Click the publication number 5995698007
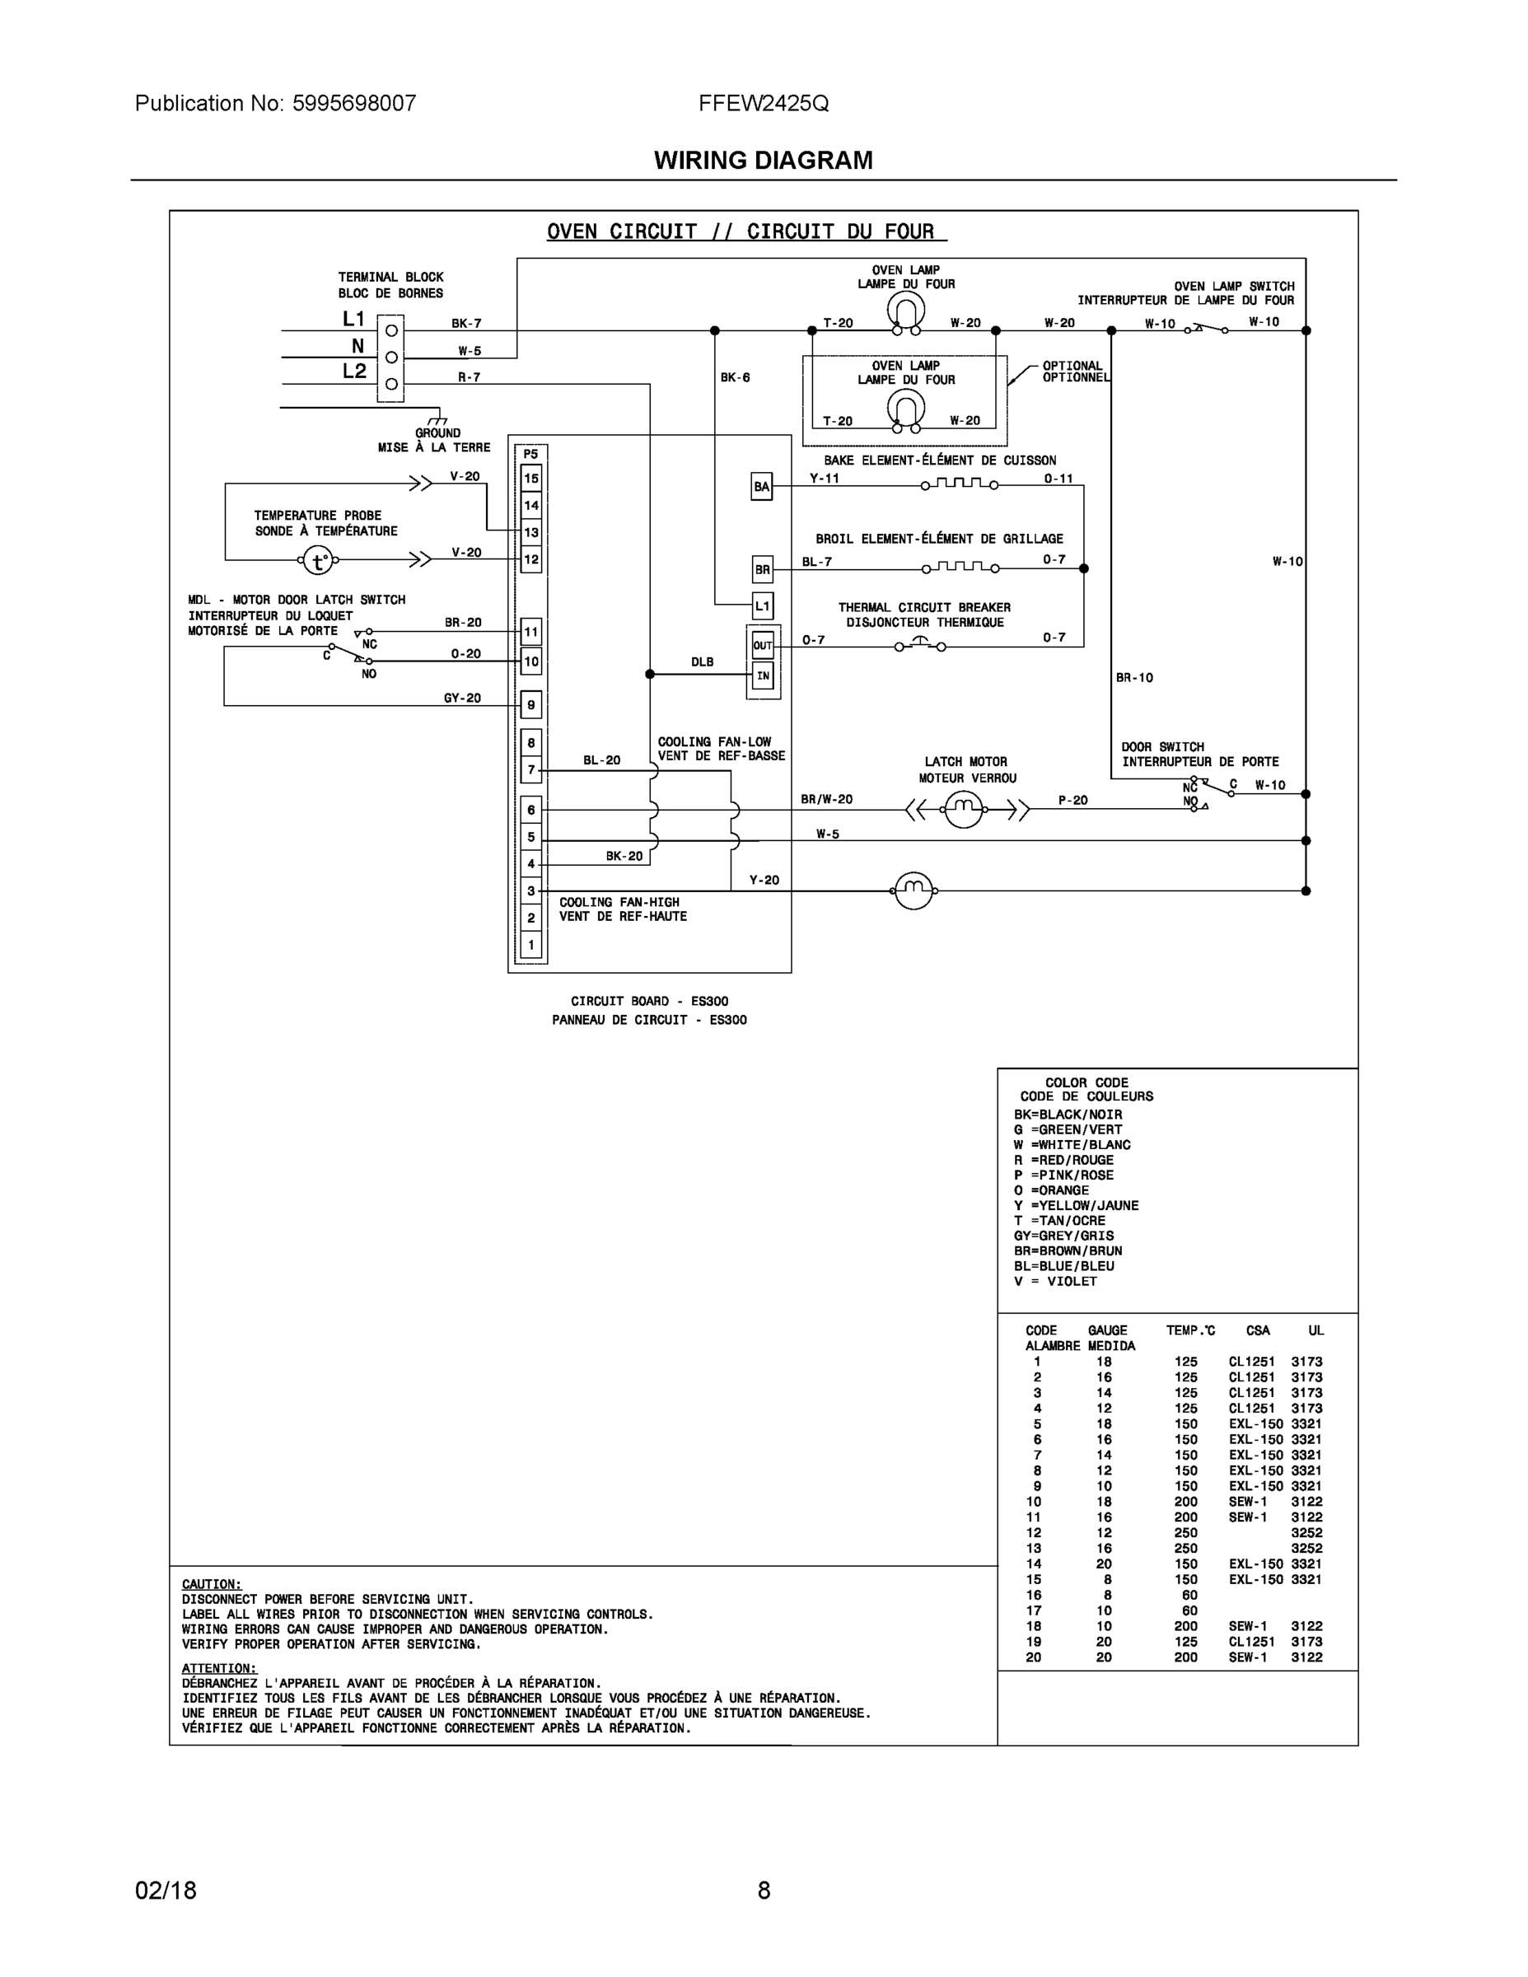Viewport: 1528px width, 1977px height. [x=354, y=103]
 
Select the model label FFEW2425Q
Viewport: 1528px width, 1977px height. [x=763, y=103]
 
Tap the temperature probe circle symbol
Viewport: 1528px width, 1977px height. [x=318, y=561]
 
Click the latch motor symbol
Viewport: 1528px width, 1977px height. [x=963, y=808]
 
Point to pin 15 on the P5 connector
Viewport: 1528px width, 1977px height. [x=531, y=478]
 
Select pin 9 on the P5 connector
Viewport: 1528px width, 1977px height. [x=531, y=705]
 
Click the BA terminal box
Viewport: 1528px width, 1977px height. [x=762, y=487]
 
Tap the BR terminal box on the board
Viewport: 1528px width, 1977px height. [x=762, y=569]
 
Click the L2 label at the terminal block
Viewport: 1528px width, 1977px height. [x=354, y=372]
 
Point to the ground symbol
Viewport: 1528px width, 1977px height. [x=438, y=419]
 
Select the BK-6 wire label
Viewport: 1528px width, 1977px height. [x=735, y=377]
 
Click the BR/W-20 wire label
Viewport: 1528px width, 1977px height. [x=826, y=799]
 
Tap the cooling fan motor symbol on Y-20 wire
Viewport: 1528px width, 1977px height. [x=913, y=891]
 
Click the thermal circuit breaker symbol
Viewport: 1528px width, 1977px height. [x=920, y=644]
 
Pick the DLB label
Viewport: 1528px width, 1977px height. [x=703, y=661]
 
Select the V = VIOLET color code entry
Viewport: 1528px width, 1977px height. [x=1055, y=1281]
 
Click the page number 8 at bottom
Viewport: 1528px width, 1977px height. [x=763, y=1891]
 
